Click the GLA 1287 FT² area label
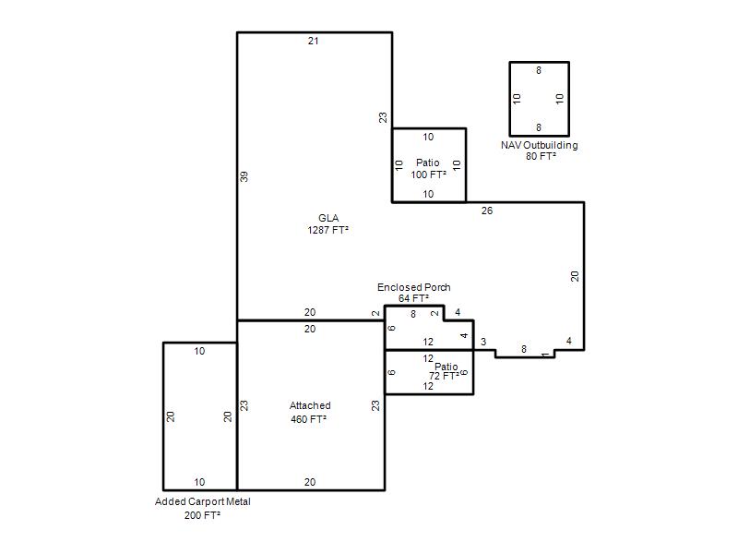[x=328, y=223]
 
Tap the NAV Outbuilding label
[x=540, y=145]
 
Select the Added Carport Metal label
[x=202, y=501]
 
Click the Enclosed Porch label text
[x=413, y=287]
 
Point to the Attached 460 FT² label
[x=310, y=412]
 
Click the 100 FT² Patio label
[x=428, y=169]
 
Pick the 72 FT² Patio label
[x=445, y=371]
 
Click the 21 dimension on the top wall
[x=314, y=41]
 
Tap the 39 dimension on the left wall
[x=244, y=176]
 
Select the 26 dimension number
[x=487, y=211]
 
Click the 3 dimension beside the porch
[x=483, y=342]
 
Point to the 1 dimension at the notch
[x=545, y=355]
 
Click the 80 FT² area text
[x=541, y=156]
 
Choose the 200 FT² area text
[x=202, y=515]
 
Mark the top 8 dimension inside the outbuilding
[x=539, y=71]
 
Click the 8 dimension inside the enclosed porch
[x=413, y=314]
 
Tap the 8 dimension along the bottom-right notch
[x=524, y=349]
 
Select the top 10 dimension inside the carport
[x=199, y=351]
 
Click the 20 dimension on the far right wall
[x=575, y=276]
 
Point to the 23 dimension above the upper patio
[x=383, y=117]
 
